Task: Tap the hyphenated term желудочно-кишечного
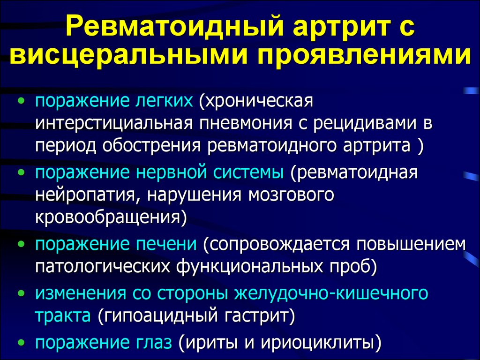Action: pyautogui.click(x=331, y=293)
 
